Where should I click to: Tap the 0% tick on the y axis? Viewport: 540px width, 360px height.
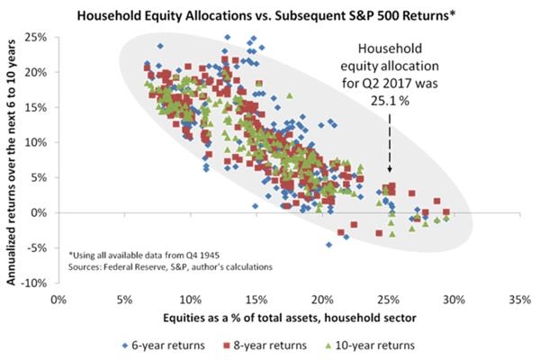[x=39, y=212]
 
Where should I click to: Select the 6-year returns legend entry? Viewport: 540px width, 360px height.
[x=160, y=344]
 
